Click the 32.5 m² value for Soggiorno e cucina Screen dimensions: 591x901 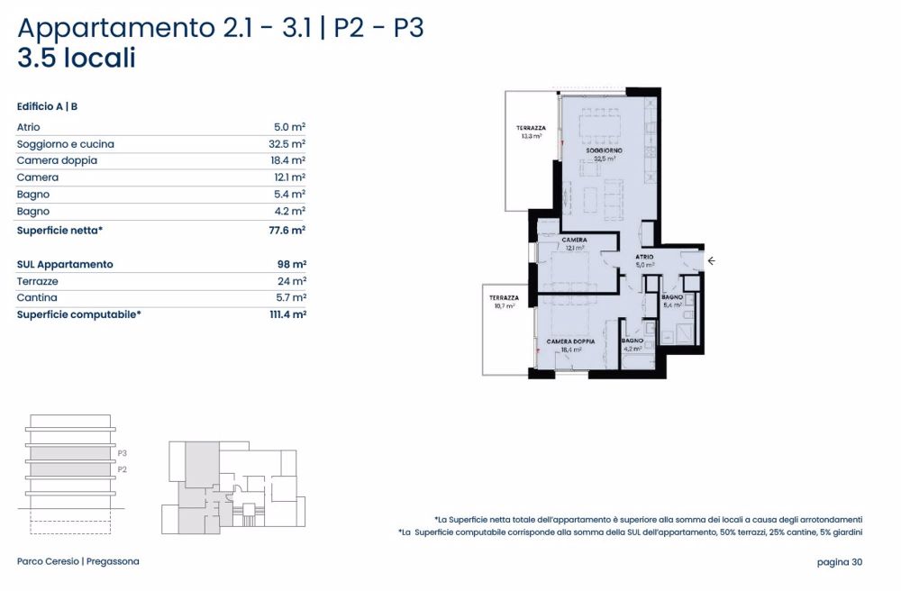pyautogui.click(x=287, y=144)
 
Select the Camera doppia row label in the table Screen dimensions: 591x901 pyautogui.click(x=57, y=160)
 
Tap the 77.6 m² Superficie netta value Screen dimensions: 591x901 pyautogui.click(x=287, y=231)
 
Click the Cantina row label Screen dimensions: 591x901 pyautogui.click(x=37, y=297)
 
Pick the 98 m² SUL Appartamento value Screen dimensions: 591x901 pyautogui.click(x=292, y=265)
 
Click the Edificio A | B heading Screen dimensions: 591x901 pyautogui.click(x=47, y=106)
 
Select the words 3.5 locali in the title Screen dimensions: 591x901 pyautogui.click(x=77, y=59)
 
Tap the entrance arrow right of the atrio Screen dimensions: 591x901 pyautogui.click(x=711, y=261)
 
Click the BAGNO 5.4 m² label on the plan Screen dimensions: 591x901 pyautogui.click(x=672, y=301)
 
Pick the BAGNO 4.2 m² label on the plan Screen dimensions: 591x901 pyautogui.click(x=632, y=344)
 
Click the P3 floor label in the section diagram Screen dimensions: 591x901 pyautogui.click(x=123, y=453)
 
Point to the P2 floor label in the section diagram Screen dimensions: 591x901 pyautogui.click(x=123, y=469)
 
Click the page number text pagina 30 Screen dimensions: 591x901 pyautogui.click(x=840, y=562)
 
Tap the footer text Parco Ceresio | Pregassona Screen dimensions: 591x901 pyautogui.click(x=78, y=562)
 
